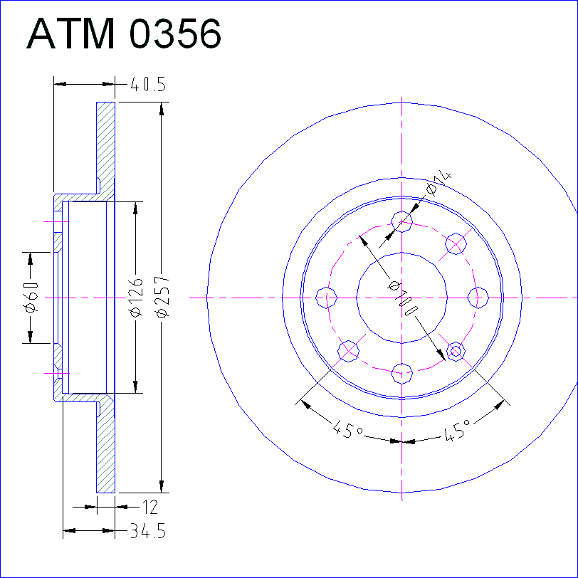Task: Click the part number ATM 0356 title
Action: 124,33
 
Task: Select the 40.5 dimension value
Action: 148,85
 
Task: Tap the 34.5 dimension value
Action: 148,531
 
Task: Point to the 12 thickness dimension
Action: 150,508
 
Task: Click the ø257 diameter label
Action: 162,296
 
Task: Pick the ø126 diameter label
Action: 136,297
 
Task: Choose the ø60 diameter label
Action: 31,297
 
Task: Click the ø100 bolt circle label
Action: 404,298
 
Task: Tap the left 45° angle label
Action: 347,429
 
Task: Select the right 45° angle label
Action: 458,429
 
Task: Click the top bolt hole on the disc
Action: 401,221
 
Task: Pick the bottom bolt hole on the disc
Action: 401,374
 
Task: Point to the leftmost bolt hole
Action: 327,298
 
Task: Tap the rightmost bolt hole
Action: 478,298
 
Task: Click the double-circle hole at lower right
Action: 456,352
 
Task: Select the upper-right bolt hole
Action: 456,243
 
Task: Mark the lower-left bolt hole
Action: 348,351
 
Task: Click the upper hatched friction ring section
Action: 106,147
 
